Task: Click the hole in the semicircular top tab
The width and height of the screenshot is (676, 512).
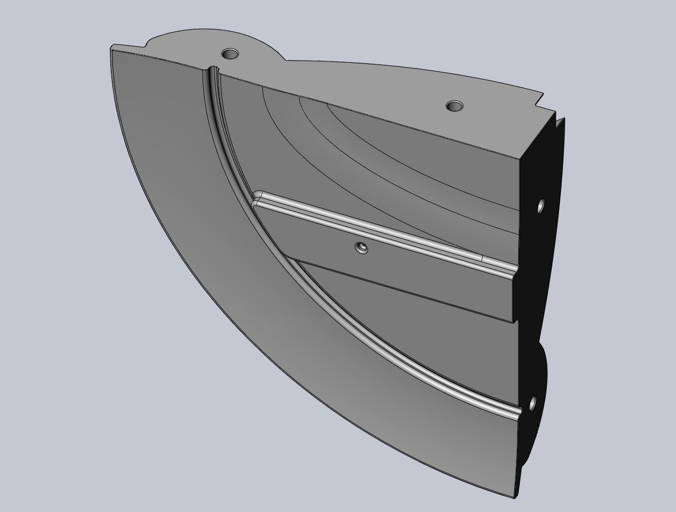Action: pos(231,53)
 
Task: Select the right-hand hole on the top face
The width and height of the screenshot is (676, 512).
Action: pos(454,106)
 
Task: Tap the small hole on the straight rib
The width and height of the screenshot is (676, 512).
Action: pos(362,248)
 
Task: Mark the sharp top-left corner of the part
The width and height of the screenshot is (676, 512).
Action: pos(111,47)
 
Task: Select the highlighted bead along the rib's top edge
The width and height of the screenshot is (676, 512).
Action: pos(385,226)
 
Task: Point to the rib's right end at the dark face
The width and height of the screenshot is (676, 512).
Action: pos(516,294)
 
